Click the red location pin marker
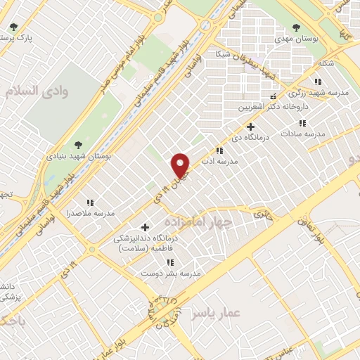181,165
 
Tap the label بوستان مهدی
316,40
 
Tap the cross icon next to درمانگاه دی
251,127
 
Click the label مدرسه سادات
304,133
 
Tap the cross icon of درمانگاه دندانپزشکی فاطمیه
146,226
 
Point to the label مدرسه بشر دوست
181,272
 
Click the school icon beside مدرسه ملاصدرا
89,202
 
